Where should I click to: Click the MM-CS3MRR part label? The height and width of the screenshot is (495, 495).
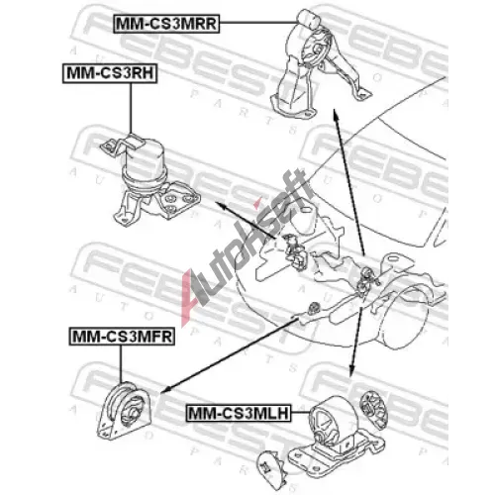point(166,24)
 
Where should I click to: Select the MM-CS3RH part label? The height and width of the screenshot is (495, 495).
point(110,73)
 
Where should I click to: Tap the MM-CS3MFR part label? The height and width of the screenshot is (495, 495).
point(122,337)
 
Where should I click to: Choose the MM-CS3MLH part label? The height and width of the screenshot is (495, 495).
point(239,413)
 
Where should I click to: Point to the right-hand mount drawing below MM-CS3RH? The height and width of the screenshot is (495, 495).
point(148,180)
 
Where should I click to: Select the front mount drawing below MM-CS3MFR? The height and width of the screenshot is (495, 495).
point(125,411)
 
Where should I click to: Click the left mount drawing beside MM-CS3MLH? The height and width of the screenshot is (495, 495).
point(335,436)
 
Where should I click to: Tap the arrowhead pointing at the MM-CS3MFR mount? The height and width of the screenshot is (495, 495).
point(165,390)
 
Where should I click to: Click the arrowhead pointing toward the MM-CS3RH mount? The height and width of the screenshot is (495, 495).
point(220,205)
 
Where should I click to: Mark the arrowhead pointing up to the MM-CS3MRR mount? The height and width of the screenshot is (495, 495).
point(336,114)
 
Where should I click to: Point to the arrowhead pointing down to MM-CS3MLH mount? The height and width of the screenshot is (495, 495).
point(352,371)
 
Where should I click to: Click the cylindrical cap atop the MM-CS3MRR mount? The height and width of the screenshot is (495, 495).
point(308,19)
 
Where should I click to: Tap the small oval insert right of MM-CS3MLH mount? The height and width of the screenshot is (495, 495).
point(374,410)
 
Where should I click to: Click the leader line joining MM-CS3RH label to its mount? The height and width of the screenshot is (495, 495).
point(131,108)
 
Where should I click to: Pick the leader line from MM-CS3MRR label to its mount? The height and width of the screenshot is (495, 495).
point(258,23)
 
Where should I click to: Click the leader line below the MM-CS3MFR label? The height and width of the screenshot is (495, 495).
point(121,364)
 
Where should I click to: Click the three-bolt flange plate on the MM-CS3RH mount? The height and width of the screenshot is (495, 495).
point(180,201)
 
